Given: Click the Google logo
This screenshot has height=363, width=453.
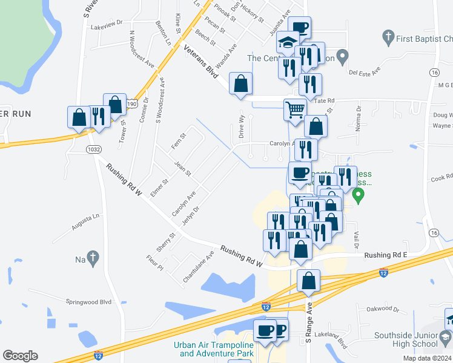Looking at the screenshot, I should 20,356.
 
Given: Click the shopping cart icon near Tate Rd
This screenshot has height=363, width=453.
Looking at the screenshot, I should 294,111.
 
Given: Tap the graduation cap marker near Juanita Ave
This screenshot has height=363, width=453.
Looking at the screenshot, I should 288,42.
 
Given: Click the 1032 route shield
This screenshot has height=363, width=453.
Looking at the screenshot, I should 93,149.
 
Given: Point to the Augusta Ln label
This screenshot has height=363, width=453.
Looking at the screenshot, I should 85,219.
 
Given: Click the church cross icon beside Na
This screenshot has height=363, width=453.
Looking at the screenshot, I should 92,258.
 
